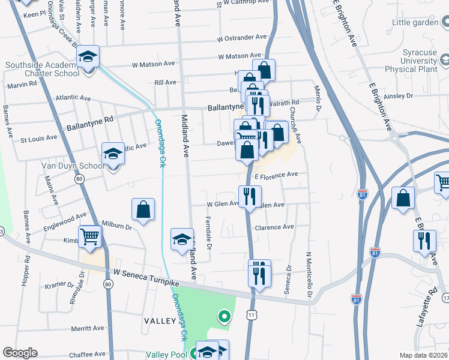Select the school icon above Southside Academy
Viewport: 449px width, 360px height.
88,58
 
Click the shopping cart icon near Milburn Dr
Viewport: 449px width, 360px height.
90,236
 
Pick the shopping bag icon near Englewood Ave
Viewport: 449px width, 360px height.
143,209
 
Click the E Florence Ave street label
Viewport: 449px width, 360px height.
276,175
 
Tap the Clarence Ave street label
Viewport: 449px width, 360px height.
274,227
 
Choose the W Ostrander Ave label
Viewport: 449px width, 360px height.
242,37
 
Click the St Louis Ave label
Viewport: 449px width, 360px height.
39,137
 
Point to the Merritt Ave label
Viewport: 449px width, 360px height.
88,329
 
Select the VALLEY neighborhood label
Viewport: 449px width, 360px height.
159,322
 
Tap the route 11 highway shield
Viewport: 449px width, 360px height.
250,314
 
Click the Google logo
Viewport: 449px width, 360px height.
20,352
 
